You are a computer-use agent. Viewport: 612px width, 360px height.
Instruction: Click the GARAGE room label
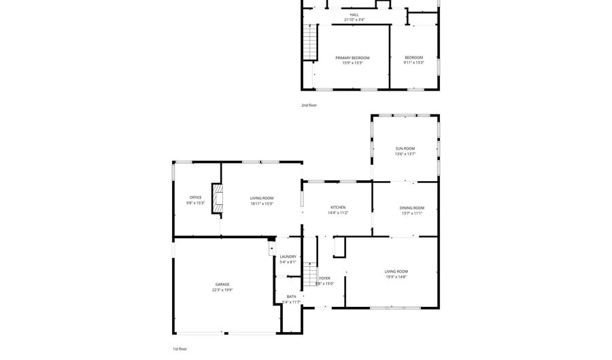[222, 284]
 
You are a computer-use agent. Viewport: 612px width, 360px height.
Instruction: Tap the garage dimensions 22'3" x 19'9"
[222, 290]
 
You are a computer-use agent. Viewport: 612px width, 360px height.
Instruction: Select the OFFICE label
[195, 197]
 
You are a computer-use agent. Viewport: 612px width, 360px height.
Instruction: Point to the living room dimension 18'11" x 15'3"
[262, 203]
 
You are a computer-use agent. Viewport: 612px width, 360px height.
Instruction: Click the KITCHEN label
[338, 207]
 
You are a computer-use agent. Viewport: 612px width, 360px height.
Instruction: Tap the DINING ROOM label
[411, 208]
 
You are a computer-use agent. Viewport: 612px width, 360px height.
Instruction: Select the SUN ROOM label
[405, 148]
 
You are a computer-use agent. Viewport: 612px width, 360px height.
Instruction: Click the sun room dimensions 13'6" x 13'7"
[405, 154]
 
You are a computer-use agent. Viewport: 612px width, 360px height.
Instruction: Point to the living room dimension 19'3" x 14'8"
[396, 277]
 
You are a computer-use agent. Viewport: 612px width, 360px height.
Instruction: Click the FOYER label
[325, 278]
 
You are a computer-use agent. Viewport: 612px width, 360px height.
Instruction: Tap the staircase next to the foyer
[310, 276]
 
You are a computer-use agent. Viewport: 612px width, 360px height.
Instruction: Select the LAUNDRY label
[288, 257]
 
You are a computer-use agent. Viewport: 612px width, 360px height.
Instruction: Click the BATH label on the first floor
[291, 296]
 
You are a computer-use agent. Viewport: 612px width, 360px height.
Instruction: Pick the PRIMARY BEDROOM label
[352, 58]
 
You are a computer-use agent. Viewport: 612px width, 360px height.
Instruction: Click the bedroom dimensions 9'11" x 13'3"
[413, 63]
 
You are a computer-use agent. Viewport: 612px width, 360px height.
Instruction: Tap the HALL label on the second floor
[354, 14]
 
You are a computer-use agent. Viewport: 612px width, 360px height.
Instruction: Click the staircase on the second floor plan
[310, 42]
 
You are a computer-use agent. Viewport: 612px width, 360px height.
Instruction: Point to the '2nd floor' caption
[309, 105]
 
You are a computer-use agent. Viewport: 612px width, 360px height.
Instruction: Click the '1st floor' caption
[180, 348]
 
